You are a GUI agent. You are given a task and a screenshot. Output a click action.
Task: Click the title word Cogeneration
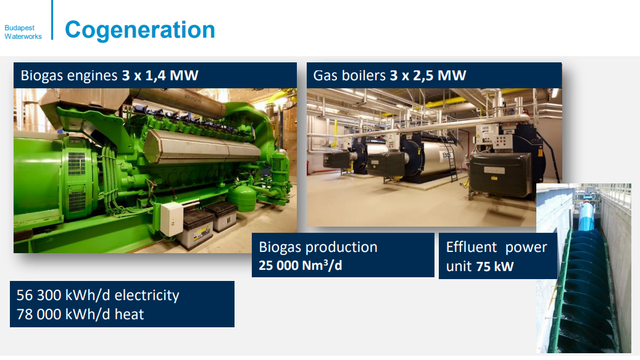coord(140,30)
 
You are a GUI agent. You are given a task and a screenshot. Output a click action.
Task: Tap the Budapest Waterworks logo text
coord(23,32)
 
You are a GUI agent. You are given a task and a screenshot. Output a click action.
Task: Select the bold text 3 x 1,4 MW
coord(160,75)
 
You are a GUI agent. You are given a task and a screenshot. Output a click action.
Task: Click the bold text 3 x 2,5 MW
coord(428,75)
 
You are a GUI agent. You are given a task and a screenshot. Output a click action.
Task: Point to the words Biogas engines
coord(69,76)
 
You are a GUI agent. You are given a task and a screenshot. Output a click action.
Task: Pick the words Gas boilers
coord(349,75)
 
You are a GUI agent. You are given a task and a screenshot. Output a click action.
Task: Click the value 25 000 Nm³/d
coord(301,266)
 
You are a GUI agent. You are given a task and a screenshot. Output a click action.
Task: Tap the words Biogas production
coord(318,248)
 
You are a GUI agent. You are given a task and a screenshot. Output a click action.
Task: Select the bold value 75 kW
coord(495,267)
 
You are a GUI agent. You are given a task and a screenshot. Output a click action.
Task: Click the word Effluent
coord(472,247)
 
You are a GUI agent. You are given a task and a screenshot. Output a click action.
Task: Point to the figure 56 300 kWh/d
coord(64,295)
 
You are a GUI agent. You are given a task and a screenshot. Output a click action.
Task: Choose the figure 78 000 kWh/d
coord(64,314)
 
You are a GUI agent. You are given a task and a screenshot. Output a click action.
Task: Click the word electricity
coord(147,296)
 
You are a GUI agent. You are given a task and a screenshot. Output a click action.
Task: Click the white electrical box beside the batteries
coord(172,219)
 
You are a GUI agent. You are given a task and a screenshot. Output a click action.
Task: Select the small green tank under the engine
coord(242,198)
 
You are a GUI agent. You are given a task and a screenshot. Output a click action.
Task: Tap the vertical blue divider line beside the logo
coord(52,20)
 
